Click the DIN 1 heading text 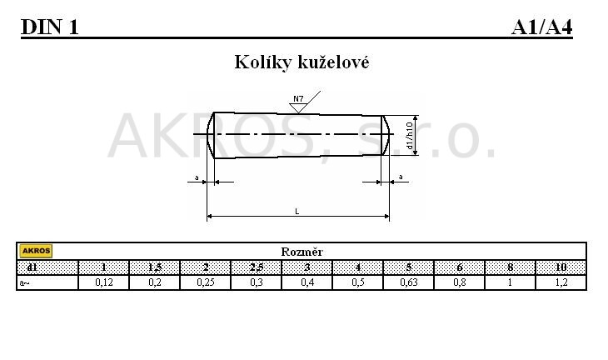click(50, 27)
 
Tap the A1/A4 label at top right click(541, 27)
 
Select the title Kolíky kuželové click(302, 62)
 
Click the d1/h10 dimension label click(409, 135)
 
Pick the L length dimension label click(297, 212)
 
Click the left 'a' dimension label click(197, 177)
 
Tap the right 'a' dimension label click(401, 177)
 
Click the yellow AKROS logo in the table click(36, 251)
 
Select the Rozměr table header click(302, 252)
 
